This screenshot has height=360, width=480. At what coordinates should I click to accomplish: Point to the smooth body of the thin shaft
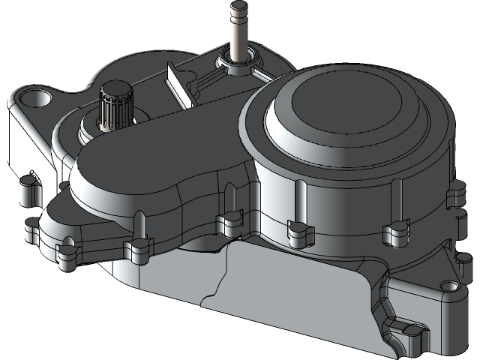coord(239,37)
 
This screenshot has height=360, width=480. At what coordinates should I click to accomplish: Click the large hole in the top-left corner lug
coord(34,97)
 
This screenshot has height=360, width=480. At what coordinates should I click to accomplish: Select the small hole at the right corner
coord(449,286)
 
